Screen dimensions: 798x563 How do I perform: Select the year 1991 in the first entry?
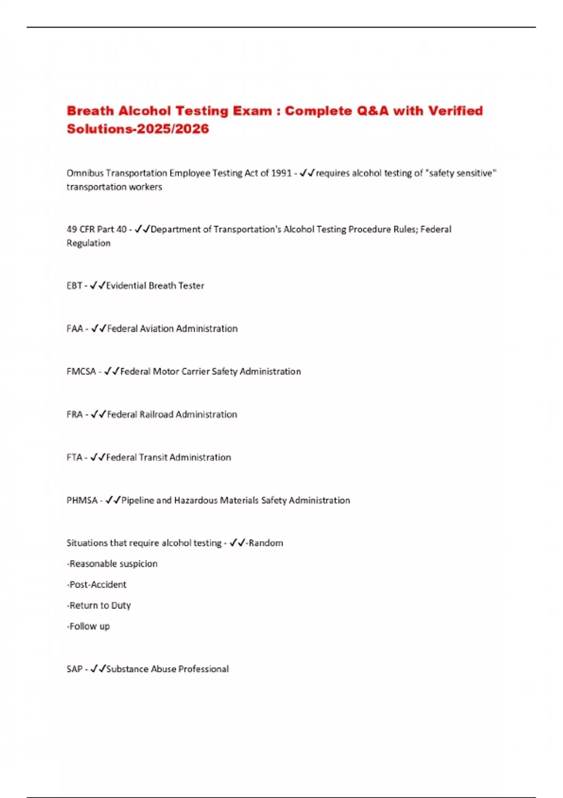click(281, 173)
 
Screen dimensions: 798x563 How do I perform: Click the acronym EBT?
click(74, 285)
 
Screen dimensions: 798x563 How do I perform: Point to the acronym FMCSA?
click(81, 371)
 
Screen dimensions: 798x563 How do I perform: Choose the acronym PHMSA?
click(82, 500)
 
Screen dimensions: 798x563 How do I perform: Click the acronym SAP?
click(75, 669)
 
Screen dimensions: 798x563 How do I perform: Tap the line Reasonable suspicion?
click(112, 564)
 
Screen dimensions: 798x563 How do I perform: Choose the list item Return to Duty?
click(99, 606)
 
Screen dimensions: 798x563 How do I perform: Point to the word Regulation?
click(89, 243)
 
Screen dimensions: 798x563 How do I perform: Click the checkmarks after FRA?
click(98, 414)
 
